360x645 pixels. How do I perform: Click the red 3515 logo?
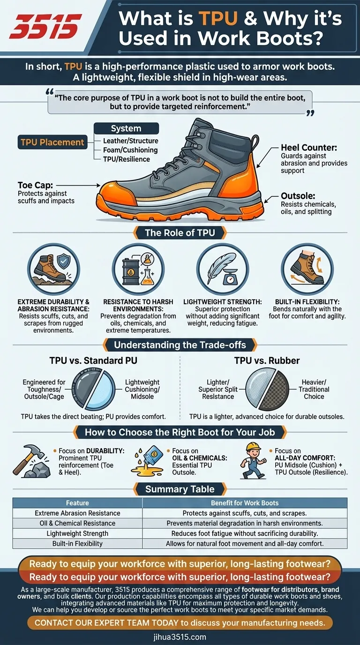pos(45,27)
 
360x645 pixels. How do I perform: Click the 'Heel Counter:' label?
pos(309,148)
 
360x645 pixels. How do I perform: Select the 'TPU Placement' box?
pos(52,142)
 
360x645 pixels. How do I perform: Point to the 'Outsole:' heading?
pos(298,196)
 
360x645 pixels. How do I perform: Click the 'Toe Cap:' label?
pos(37,185)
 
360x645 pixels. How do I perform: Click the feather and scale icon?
pos(223,269)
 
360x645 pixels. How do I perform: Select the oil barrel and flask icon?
pos(138,269)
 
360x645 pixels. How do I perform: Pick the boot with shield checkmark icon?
pos(53,269)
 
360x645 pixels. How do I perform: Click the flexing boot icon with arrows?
pos(307,269)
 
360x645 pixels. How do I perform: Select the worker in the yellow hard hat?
pos(253,460)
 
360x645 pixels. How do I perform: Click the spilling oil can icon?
pos(147,460)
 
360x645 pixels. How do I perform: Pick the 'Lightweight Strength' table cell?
pos(77,533)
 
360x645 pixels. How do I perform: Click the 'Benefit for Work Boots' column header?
pos(245,503)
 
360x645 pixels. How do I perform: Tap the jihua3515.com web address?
pos(180,637)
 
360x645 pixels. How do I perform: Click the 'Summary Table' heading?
pos(180,489)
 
